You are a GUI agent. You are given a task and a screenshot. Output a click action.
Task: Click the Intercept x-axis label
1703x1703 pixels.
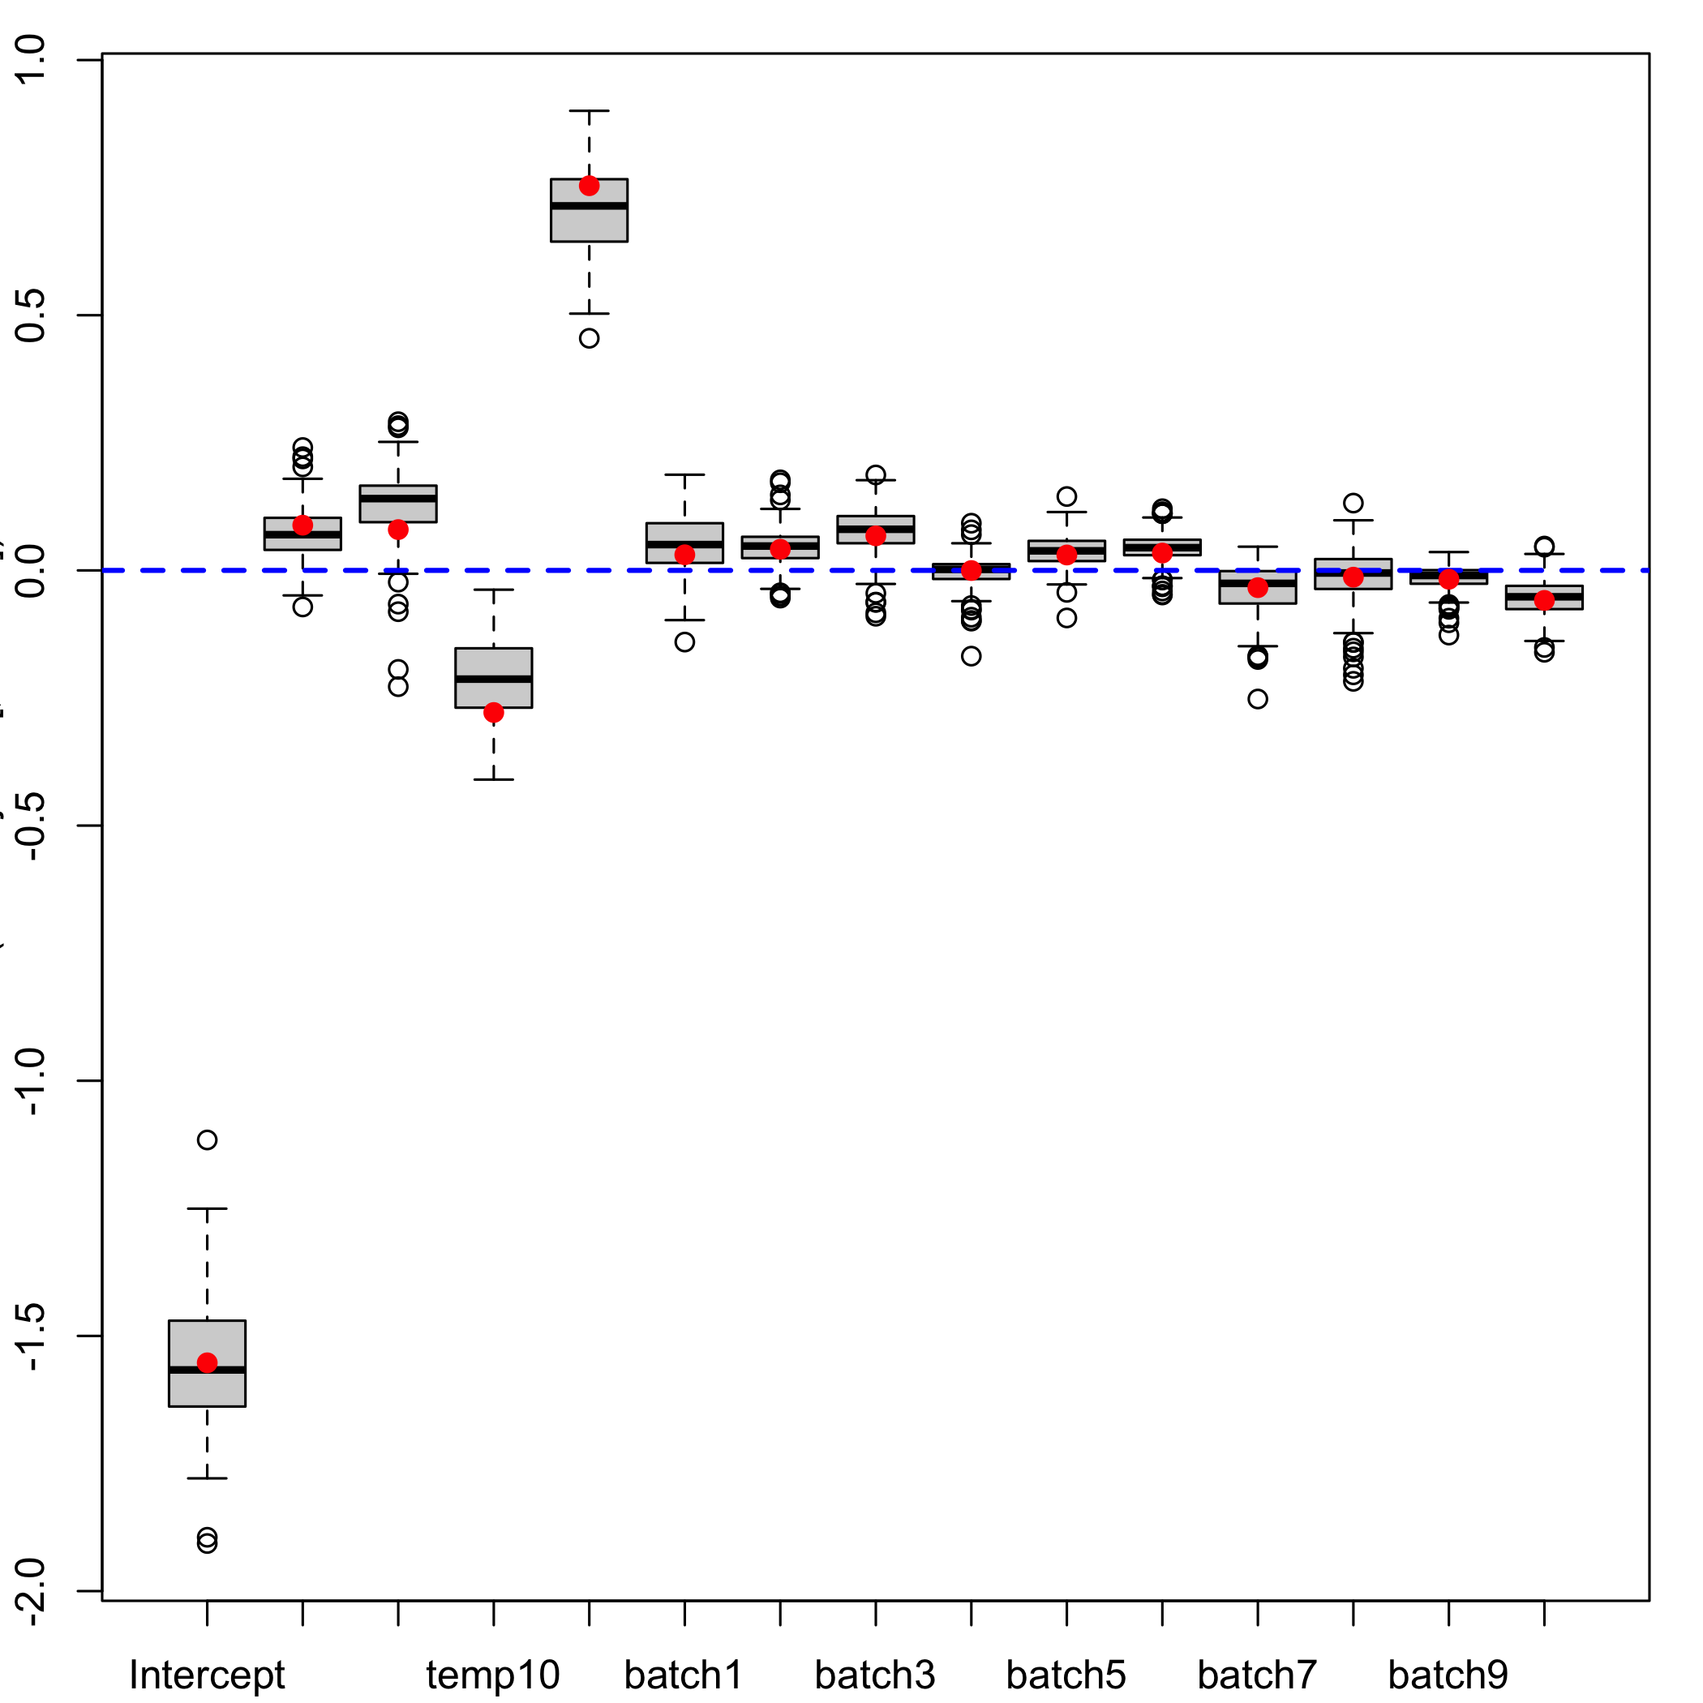206,1674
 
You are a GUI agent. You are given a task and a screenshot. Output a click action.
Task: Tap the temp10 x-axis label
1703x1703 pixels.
493,1674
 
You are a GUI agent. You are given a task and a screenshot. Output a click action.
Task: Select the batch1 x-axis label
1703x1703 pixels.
683,1674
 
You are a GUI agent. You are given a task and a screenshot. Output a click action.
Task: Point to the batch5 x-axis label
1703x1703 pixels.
1066,1674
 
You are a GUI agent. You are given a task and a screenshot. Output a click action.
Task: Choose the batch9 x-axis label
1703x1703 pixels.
1448,1674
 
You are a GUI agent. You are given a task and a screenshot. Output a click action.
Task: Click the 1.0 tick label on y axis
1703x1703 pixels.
32,60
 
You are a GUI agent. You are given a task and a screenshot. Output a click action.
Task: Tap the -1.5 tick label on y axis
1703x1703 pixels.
32,1336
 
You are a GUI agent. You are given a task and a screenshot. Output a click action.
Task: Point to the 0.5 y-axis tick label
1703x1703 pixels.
32,315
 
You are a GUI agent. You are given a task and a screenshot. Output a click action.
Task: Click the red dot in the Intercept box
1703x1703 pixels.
207,1362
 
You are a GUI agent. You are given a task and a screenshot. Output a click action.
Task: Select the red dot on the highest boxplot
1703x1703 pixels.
589,186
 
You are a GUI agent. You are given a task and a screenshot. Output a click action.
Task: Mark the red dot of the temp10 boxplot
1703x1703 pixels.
494,712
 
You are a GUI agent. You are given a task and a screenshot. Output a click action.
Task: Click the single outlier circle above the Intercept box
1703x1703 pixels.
207,1139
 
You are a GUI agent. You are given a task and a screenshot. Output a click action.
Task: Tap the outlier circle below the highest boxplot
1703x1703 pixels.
589,338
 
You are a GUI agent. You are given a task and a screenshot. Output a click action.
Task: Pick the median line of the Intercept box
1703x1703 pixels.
207,1370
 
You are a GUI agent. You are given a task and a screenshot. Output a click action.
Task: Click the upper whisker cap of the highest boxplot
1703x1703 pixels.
589,111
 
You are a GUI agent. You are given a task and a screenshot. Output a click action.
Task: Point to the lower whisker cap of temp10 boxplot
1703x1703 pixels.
494,779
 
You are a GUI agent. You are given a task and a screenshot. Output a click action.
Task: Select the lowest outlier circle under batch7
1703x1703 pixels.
1258,699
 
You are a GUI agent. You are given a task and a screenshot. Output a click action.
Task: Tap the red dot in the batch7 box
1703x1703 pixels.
1258,587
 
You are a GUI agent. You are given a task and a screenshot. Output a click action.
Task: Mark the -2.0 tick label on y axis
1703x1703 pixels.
32,1591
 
